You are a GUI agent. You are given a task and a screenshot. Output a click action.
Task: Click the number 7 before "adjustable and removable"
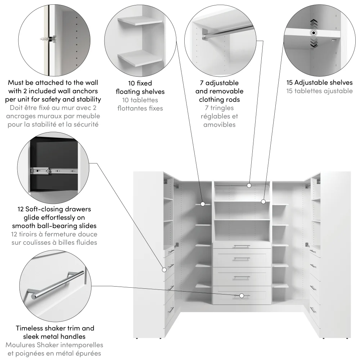(202, 83)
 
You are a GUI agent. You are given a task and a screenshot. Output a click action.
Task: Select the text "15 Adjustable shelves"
(319, 83)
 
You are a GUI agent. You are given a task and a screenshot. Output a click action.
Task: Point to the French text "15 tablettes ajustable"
(319, 91)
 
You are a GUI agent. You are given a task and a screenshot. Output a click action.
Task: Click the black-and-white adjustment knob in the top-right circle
(314, 33)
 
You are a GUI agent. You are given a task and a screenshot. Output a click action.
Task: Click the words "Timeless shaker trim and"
(55, 328)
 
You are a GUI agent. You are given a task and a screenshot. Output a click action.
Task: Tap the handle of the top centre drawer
(241, 247)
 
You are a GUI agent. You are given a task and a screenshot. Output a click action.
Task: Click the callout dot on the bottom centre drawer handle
(242, 296)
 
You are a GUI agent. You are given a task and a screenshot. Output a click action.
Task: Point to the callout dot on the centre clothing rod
(249, 185)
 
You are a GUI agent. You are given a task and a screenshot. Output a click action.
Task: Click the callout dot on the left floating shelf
(203, 204)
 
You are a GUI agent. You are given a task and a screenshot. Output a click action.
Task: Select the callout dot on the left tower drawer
(164, 269)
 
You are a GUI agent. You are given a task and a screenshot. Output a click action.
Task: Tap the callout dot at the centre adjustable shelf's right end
(264, 202)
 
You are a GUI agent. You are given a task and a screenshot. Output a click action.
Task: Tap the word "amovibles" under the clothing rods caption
(219, 125)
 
